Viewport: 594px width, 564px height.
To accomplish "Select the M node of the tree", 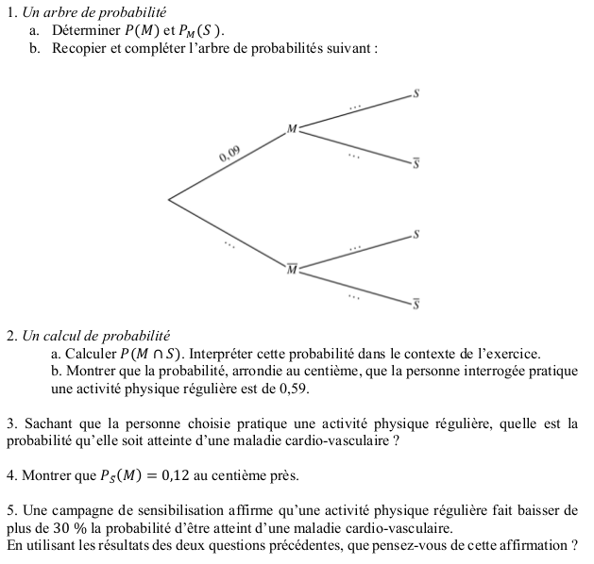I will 292,128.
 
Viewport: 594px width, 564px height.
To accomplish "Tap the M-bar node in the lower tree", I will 292,270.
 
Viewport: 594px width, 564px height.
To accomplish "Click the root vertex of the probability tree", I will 169,199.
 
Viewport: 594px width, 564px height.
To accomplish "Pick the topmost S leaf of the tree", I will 416,93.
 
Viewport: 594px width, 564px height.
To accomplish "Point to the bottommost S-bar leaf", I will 416,305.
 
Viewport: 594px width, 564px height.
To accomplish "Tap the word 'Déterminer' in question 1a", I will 87,30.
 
